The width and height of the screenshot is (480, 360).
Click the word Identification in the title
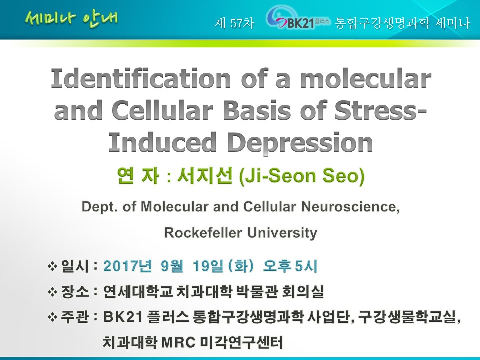(141, 78)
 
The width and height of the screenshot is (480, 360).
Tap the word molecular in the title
(366, 78)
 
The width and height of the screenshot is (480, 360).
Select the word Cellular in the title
(162, 110)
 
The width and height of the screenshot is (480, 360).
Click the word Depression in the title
(300, 142)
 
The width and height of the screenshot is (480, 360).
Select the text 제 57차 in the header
(234, 23)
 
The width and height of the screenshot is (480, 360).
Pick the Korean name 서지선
(205, 175)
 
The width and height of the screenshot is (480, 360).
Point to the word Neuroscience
(351, 207)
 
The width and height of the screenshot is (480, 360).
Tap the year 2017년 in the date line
(127, 266)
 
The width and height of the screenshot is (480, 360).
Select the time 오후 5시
(290, 266)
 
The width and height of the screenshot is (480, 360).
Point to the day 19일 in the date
(208, 266)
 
